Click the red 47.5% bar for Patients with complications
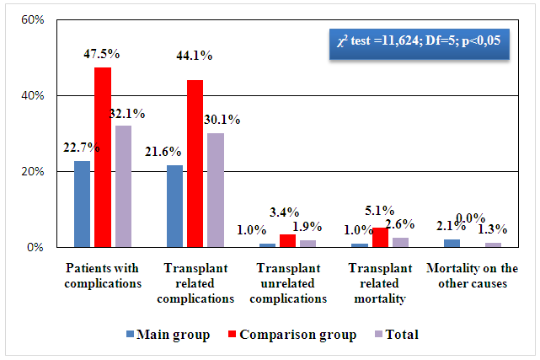(x=103, y=158)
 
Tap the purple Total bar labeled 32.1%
(x=123, y=187)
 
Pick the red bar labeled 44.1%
(x=195, y=164)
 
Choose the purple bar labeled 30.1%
(x=215, y=191)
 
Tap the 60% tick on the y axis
(x=31, y=19)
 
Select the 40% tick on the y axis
(x=31, y=96)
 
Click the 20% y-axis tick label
(x=31, y=172)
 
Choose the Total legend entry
(x=394, y=334)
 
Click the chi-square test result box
(x=419, y=42)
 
